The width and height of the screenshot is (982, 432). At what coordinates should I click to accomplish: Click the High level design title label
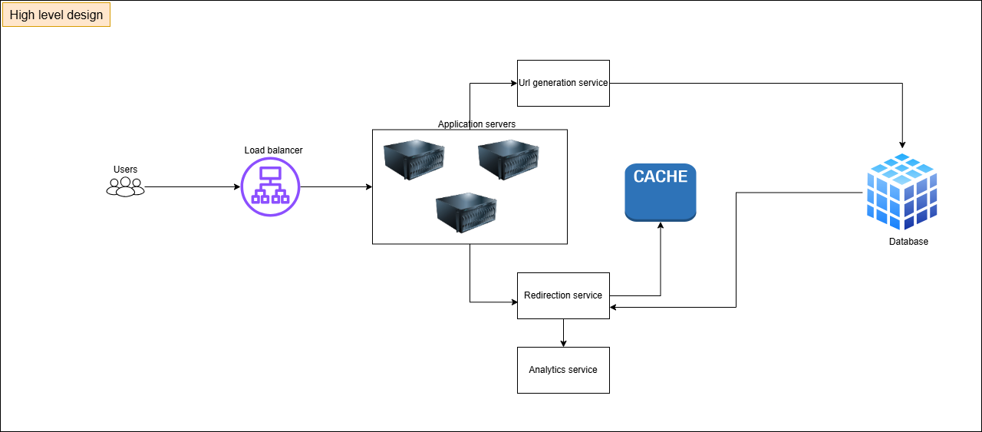(x=56, y=15)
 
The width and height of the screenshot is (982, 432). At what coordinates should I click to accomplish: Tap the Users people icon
(x=125, y=186)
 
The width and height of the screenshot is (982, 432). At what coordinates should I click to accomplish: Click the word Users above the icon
(x=125, y=170)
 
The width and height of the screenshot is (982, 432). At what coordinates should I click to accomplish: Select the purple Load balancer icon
(x=270, y=186)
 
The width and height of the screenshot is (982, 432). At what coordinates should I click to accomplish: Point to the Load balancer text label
(x=273, y=150)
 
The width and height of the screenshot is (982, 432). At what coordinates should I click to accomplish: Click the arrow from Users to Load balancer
(x=192, y=187)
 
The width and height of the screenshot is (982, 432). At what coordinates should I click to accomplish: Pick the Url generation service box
(x=563, y=83)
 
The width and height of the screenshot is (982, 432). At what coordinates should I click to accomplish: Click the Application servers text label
(x=476, y=124)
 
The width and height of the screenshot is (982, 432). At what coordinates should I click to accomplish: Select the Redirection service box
(x=563, y=295)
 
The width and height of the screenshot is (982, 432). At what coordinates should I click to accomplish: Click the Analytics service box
(x=563, y=370)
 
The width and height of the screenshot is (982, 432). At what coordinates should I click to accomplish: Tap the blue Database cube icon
(x=901, y=192)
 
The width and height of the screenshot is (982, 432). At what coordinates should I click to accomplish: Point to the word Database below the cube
(x=908, y=242)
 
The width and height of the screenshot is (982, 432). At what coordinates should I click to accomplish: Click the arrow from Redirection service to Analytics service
(x=563, y=331)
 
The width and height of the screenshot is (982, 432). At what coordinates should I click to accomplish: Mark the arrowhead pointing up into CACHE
(x=661, y=226)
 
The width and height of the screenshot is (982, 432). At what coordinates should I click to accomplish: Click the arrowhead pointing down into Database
(x=902, y=143)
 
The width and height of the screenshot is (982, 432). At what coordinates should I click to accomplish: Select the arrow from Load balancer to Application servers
(x=335, y=187)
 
